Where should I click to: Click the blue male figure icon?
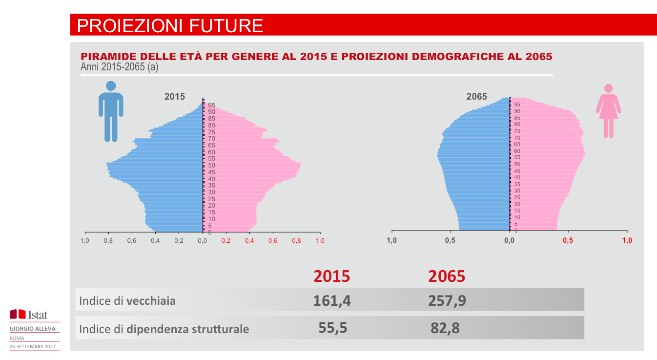[x=111, y=111]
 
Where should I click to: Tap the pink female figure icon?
[x=608, y=111]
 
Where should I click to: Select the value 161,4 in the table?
[x=332, y=300]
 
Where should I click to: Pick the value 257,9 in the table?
[x=447, y=300]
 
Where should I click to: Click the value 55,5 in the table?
[x=333, y=327]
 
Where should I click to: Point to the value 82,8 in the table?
[x=445, y=328]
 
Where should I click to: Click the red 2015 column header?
[x=332, y=276]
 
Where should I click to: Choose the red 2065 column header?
[x=447, y=276]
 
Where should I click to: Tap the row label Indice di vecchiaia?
[x=127, y=300]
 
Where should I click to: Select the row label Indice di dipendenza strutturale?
[x=164, y=329]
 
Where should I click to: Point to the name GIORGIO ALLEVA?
[x=33, y=329]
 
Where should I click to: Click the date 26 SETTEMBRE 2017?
[x=33, y=346]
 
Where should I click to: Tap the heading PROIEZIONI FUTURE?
[x=170, y=25]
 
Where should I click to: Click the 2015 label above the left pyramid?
[x=175, y=97]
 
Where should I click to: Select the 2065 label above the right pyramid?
[x=476, y=97]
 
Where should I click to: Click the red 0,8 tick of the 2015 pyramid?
[x=297, y=241]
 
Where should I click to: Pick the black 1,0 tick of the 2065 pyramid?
[x=391, y=240]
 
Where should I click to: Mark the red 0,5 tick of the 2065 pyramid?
[x=568, y=240]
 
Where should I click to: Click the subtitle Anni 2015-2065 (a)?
[x=119, y=67]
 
